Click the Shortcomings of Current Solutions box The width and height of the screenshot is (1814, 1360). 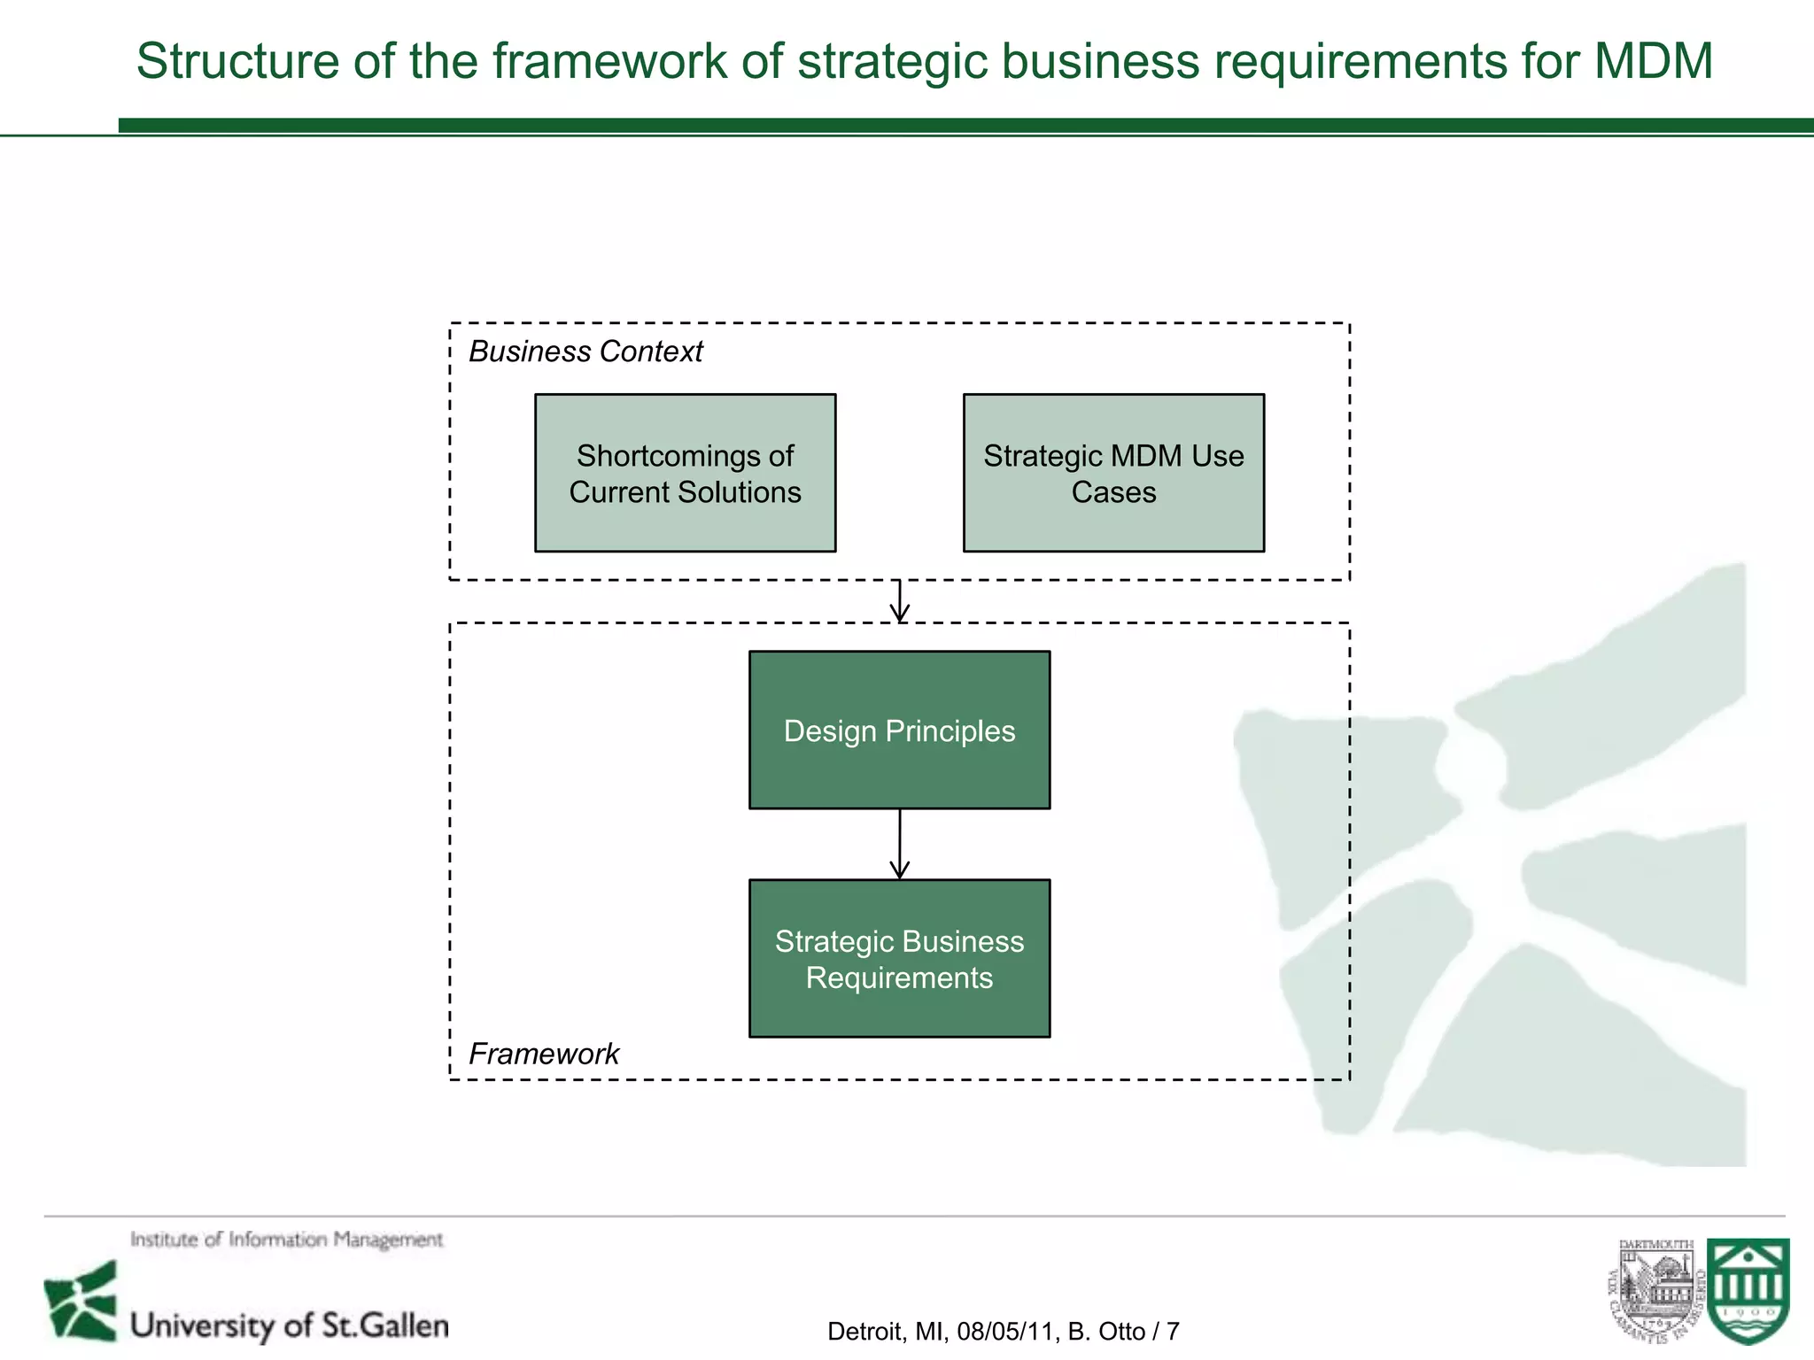[x=685, y=473]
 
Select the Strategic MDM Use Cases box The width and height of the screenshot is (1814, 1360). [x=1113, y=473]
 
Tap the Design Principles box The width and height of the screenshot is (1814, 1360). [x=899, y=730]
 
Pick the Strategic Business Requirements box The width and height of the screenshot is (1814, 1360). [x=899, y=958]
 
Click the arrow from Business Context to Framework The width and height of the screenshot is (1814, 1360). [x=900, y=602]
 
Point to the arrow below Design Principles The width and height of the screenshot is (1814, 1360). [x=900, y=844]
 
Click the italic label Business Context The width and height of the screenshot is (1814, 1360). [x=585, y=352]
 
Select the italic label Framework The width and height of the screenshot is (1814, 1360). [x=543, y=1054]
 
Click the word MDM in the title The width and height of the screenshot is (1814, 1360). [x=1653, y=62]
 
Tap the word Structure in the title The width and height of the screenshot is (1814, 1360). [x=237, y=62]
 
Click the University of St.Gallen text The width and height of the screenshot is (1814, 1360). [x=290, y=1325]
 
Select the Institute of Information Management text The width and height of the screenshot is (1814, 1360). [x=286, y=1240]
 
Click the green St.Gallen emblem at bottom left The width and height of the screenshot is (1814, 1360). [x=81, y=1302]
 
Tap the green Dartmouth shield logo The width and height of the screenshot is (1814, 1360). [x=1748, y=1290]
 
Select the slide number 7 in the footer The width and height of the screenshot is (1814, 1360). [x=1173, y=1332]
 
